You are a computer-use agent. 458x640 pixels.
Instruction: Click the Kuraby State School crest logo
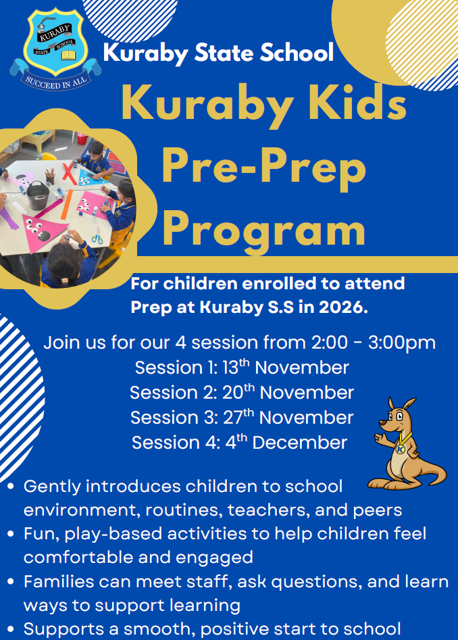(x=55, y=49)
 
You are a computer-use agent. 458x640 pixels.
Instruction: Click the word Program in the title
(x=264, y=231)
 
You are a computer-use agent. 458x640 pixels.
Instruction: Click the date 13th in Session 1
(x=236, y=367)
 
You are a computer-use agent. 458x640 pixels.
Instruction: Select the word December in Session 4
(x=300, y=443)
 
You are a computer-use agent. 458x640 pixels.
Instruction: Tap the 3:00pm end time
(x=402, y=343)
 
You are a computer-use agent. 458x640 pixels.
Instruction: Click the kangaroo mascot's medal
(x=400, y=449)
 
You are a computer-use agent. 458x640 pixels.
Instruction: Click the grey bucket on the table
(x=38, y=195)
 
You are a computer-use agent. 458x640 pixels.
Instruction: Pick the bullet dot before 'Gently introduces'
(x=11, y=487)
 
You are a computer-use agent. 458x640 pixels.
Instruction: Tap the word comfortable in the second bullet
(x=82, y=557)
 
